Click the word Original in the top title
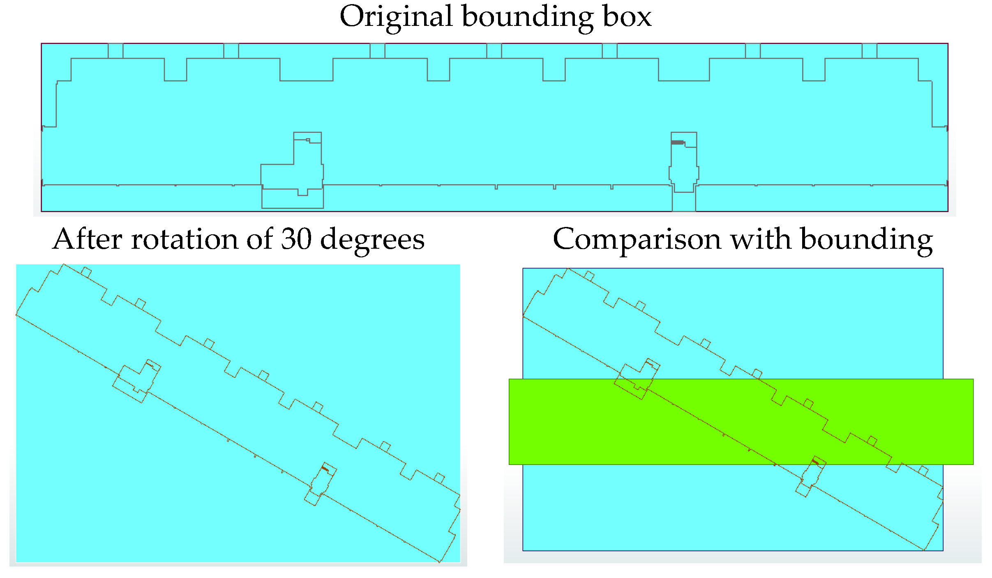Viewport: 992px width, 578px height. click(x=396, y=17)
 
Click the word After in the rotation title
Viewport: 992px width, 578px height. click(x=87, y=239)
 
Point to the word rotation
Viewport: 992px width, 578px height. click(x=184, y=239)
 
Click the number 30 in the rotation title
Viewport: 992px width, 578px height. click(x=296, y=239)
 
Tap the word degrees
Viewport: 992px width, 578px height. click(x=372, y=240)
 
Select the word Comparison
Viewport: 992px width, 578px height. click(x=637, y=240)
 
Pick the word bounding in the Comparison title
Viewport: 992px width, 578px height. click(x=866, y=240)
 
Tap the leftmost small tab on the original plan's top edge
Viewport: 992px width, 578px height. click(x=115, y=51)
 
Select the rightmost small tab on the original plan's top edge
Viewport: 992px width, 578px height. click(x=869, y=51)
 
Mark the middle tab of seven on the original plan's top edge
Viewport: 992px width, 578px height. click(x=494, y=51)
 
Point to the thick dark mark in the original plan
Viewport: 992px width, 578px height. click(x=677, y=143)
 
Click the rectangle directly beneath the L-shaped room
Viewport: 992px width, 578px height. click(x=293, y=199)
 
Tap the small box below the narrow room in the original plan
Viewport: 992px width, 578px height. click(x=684, y=201)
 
